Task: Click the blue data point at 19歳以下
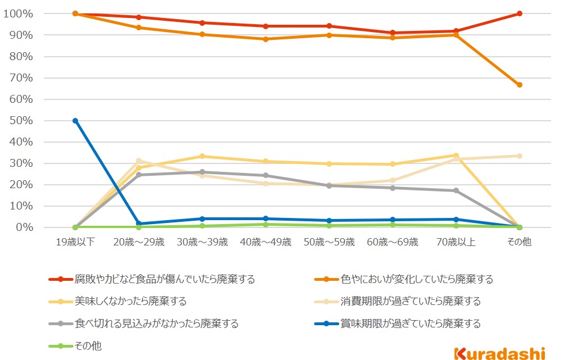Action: coord(75,121)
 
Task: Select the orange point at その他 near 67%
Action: coord(520,85)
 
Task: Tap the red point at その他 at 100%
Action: coord(520,13)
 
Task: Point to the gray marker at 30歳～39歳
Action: coord(202,172)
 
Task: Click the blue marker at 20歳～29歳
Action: coord(139,224)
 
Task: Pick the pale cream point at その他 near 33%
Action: coord(520,156)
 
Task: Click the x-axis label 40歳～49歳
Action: coord(266,242)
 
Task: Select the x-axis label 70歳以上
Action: coord(456,242)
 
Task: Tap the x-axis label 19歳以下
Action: coord(75,242)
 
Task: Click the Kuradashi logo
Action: coord(499,353)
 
